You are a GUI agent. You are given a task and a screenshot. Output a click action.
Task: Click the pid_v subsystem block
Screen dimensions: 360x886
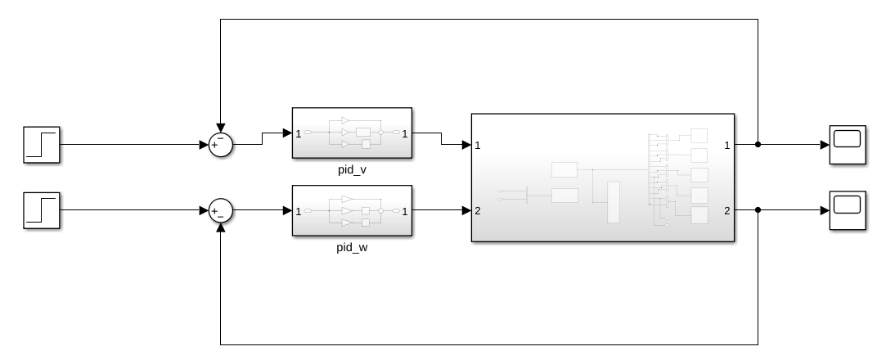pos(352,133)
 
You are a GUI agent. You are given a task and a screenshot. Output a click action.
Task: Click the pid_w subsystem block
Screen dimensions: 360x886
pos(352,211)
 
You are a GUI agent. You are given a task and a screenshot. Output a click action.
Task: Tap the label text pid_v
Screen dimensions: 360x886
pos(352,168)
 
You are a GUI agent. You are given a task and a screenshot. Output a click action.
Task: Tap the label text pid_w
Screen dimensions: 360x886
pos(352,246)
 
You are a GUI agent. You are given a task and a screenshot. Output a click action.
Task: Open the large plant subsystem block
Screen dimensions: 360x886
pos(603,178)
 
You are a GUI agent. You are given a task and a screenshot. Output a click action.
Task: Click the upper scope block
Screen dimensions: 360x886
pos(847,145)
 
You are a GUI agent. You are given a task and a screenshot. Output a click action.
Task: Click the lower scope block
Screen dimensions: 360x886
pos(847,210)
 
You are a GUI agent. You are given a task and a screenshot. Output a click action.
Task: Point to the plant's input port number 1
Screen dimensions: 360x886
pos(478,146)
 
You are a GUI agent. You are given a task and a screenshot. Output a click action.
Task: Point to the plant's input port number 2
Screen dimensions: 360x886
pos(478,211)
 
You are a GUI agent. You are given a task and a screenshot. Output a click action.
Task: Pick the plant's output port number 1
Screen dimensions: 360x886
pos(727,146)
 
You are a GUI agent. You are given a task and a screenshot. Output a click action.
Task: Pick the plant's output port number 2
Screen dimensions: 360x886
pos(727,211)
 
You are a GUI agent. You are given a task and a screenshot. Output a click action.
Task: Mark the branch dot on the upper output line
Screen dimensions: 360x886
pos(758,145)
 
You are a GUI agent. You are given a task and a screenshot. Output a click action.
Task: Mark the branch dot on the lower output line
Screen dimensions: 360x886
pos(758,210)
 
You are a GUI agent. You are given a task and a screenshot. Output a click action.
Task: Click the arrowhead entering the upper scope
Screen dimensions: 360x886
pos(825,145)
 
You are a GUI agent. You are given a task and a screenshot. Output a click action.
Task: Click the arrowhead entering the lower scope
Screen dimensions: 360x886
pos(825,210)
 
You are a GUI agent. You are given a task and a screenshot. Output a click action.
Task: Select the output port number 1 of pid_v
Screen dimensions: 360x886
pos(405,133)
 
